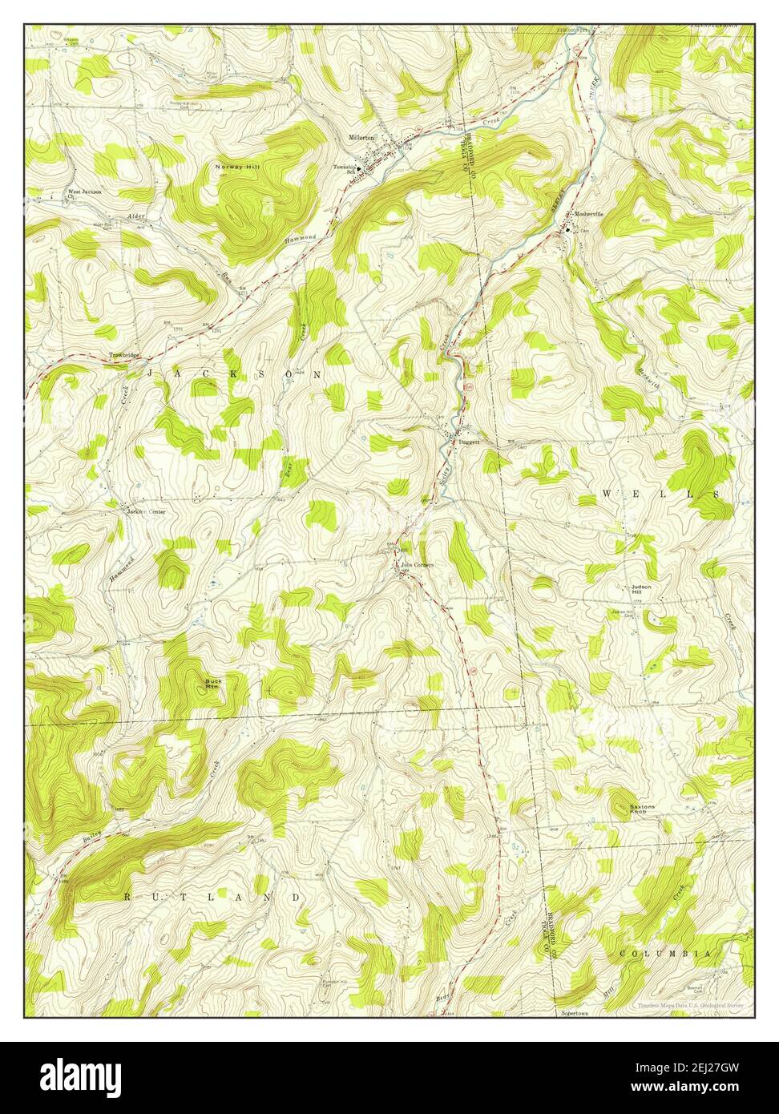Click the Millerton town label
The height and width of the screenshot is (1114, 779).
[x=361, y=137]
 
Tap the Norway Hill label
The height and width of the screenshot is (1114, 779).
[x=235, y=166]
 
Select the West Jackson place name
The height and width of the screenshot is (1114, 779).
[x=84, y=192]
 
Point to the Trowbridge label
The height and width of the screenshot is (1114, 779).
[x=125, y=355]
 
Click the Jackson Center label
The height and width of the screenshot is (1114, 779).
[x=145, y=511]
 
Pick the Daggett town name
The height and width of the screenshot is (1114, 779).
[x=469, y=442]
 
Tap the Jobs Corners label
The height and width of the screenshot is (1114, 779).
[x=418, y=565]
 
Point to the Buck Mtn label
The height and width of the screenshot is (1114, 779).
[x=212, y=683]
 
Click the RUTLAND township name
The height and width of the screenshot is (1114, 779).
[x=212, y=898]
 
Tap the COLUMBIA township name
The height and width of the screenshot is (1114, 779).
[x=665, y=954]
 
